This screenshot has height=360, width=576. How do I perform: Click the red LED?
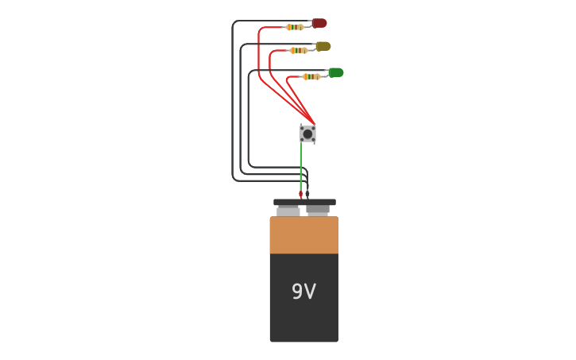coord(319,23)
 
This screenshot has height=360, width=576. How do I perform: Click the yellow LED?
coord(323,46)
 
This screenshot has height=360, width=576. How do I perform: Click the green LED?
coord(336,72)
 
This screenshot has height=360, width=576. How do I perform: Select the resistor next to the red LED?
coord(295,27)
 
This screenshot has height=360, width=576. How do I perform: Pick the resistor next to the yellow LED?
coord(299,50)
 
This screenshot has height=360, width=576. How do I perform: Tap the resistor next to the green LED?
coord(311,76)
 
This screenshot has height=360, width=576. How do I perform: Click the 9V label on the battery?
coord(303,292)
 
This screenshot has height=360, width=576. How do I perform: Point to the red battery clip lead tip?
coord(300,194)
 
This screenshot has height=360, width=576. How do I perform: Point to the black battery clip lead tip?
coord(307,193)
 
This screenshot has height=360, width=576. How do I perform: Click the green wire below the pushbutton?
coord(301,167)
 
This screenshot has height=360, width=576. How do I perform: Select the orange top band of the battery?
coord(303,235)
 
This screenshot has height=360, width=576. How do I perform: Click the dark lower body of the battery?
coord(303,318)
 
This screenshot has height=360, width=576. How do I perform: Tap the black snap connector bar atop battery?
coord(304,203)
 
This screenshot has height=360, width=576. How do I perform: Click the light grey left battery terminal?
coord(288,211)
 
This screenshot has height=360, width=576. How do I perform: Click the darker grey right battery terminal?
coord(318,210)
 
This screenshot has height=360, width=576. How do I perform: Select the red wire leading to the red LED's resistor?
coord(259,56)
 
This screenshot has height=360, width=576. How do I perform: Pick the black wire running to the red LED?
coord(232,95)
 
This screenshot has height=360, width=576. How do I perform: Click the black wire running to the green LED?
coord(249,119)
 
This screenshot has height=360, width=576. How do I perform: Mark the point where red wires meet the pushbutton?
coord(314,123)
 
